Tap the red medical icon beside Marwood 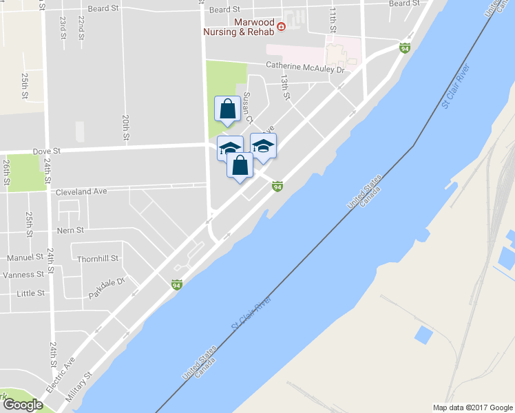click(x=281, y=27)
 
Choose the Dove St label click(x=47, y=150)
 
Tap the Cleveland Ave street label click(x=81, y=191)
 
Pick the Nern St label click(x=70, y=230)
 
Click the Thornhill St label click(x=98, y=259)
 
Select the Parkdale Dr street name click(x=107, y=287)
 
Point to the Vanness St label click(x=23, y=274)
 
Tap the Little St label click(x=30, y=293)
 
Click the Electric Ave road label click(x=61, y=374)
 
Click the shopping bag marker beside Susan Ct click(x=227, y=109)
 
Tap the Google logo click(x=22, y=405)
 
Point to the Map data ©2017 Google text click(x=472, y=407)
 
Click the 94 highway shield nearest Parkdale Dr click(x=177, y=284)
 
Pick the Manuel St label click(x=26, y=257)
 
